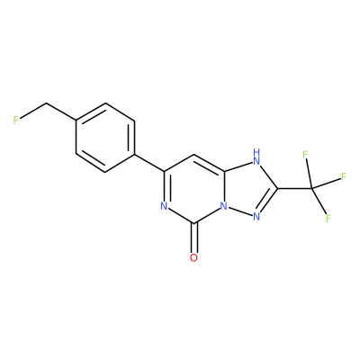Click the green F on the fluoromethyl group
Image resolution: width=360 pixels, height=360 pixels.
click(x=16, y=120)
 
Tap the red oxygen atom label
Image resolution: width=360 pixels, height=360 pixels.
click(x=193, y=257)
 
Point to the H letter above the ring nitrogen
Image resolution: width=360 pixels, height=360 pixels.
click(x=256, y=152)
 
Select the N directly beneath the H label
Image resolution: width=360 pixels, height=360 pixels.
click(x=256, y=161)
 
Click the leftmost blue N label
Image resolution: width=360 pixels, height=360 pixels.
click(x=164, y=206)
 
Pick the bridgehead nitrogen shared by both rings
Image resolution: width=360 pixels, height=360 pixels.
click(x=223, y=206)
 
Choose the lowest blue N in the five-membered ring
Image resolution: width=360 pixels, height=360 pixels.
click(x=256, y=217)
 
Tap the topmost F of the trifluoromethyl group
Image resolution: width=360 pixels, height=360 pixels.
click(x=305, y=155)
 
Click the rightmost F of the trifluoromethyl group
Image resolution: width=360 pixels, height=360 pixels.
click(x=344, y=176)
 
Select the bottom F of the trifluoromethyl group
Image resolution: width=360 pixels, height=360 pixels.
click(x=328, y=218)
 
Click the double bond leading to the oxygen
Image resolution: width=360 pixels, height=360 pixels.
click(x=193, y=238)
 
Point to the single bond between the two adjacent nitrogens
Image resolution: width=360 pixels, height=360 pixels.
click(x=240, y=211)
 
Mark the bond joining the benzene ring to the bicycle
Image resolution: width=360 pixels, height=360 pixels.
click(x=149, y=163)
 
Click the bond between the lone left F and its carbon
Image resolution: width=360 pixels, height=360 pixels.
click(x=32, y=112)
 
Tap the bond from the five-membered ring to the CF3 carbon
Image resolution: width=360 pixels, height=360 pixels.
click(x=294, y=188)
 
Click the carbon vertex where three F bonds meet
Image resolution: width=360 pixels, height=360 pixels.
click(x=312, y=188)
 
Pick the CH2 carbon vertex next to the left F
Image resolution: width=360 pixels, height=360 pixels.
click(x=46, y=103)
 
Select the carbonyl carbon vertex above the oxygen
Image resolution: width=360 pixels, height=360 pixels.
click(x=193, y=223)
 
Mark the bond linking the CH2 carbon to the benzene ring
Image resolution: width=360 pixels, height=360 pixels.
click(x=61, y=112)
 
